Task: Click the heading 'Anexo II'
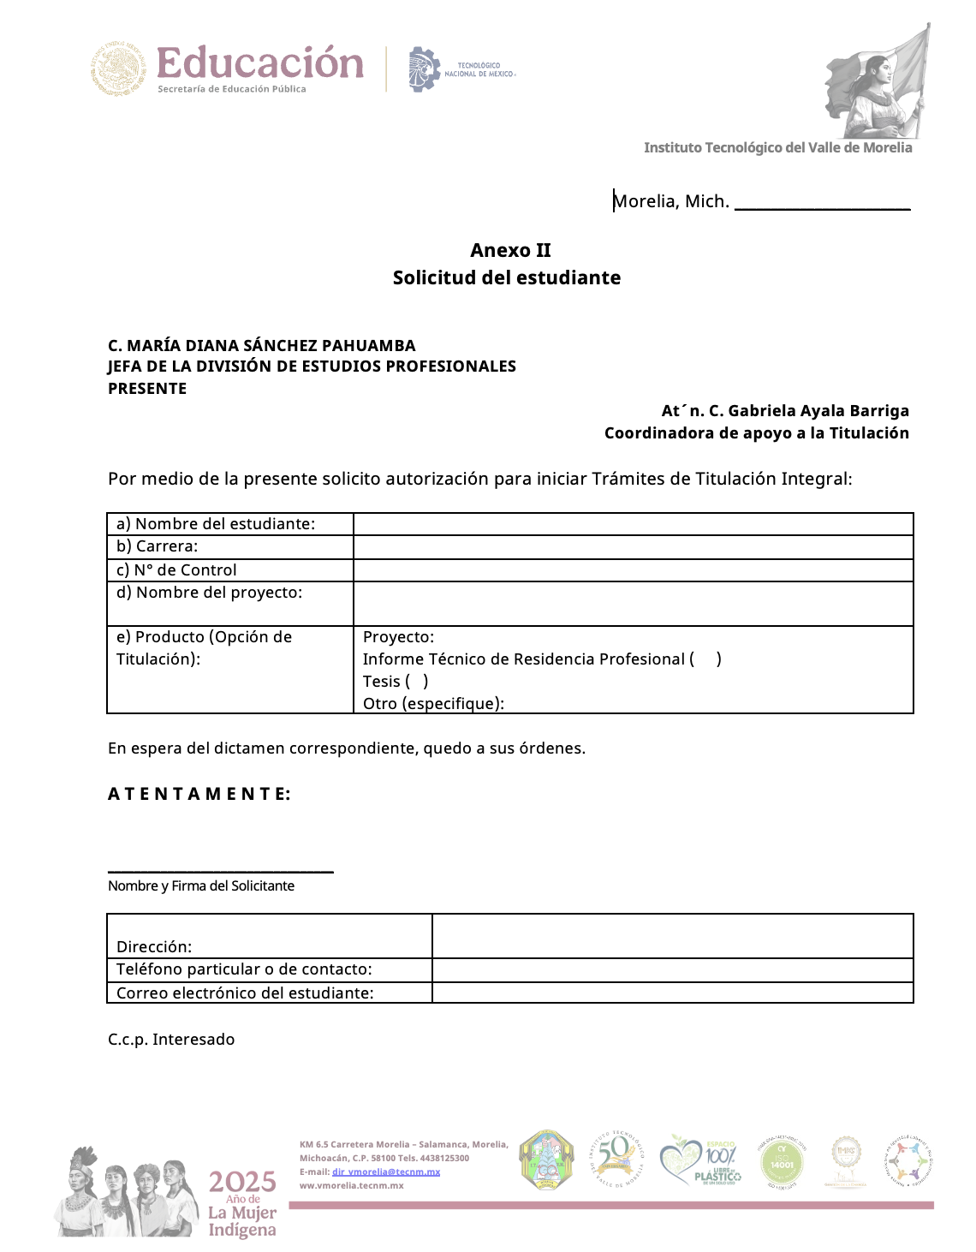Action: tap(510, 250)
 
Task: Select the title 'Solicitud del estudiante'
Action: tap(507, 277)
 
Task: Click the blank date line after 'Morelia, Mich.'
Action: tap(822, 204)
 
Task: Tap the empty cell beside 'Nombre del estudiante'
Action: tap(634, 524)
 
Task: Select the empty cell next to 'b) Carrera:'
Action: tap(634, 547)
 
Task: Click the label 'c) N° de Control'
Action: tap(176, 570)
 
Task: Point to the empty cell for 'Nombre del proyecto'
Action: tap(634, 604)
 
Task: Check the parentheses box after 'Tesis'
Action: tap(417, 682)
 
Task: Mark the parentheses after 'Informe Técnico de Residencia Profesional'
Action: tap(706, 659)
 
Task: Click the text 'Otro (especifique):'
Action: tap(433, 704)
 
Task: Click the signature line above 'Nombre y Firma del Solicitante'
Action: tap(220, 869)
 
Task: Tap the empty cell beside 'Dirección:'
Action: tap(673, 936)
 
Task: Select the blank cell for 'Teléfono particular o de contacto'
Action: tap(673, 970)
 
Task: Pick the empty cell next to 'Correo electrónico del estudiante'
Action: tap(673, 993)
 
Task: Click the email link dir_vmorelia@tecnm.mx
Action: tap(386, 1172)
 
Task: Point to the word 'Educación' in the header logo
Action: tap(260, 63)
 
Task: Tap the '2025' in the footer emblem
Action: tap(242, 1183)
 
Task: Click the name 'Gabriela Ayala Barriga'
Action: tap(818, 411)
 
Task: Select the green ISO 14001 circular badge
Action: tap(782, 1162)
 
